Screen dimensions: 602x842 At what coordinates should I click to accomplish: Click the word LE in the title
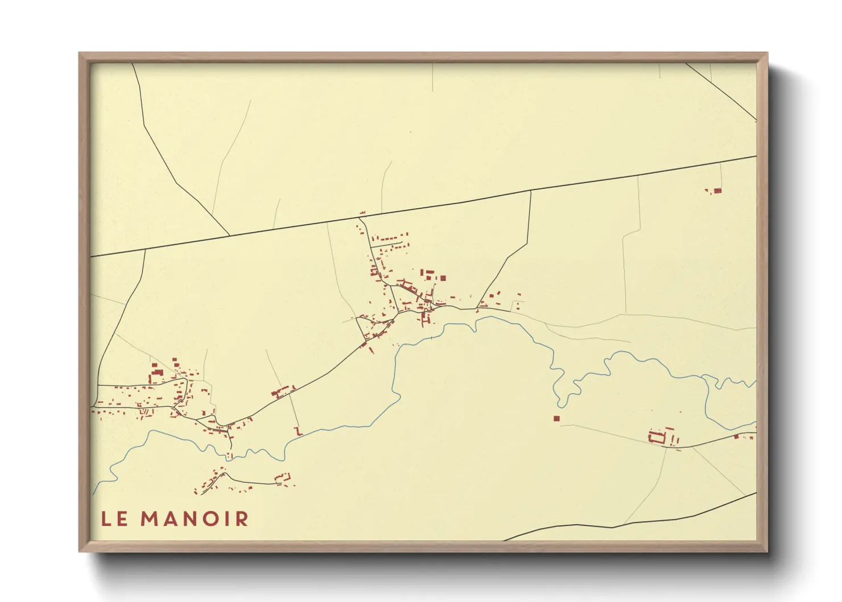pos(114,519)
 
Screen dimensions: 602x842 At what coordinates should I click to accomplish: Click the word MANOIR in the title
pos(195,519)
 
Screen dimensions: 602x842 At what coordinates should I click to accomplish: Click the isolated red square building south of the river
pos(556,418)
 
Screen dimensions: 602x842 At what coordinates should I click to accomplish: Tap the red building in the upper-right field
pos(717,191)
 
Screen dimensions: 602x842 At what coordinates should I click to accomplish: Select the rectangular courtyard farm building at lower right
pos(657,437)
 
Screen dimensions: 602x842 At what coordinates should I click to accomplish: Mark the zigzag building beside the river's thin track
pos(297,431)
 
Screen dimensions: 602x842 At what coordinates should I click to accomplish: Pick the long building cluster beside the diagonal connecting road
pos(283,391)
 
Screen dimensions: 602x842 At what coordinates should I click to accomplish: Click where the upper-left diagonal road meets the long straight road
pos(229,235)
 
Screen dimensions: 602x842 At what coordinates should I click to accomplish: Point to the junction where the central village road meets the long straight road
pos(361,215)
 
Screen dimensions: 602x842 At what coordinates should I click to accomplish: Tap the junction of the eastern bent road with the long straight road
pos(531,191)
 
